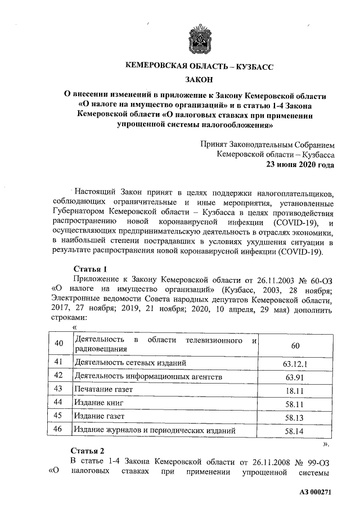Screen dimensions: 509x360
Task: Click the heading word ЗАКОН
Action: pyautogui.click(x=199, y=81)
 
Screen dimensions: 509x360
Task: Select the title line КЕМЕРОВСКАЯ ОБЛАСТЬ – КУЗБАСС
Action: pyautogui.click(x=199, y=66)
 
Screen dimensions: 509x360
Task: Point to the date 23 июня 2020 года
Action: pyautogui.click(x=300, y=165)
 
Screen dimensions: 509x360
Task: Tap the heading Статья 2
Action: pyautogui.click(x=88, y=451)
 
